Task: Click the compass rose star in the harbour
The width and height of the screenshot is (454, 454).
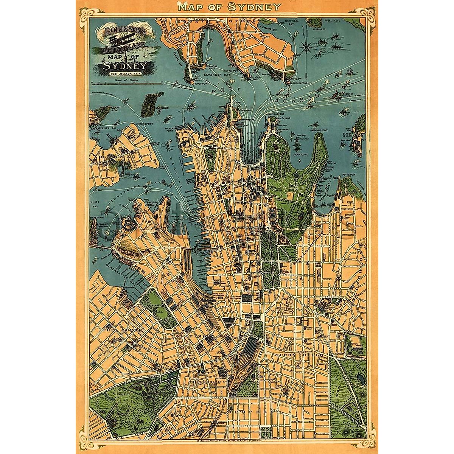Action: tap(306, 48)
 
